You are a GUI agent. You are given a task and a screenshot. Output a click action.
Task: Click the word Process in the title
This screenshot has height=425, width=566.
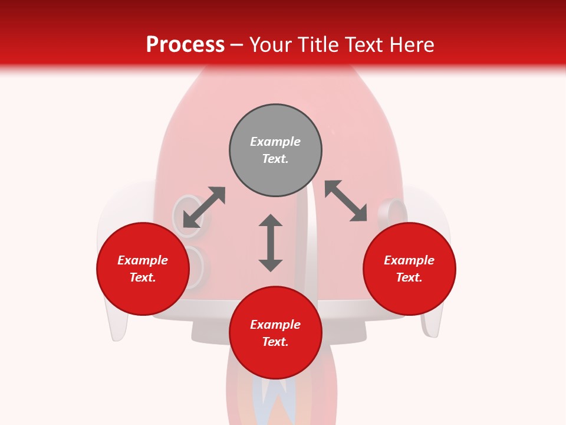[x=185, y=45]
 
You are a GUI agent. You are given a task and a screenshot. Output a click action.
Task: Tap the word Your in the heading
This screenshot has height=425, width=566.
[x=271, y=45]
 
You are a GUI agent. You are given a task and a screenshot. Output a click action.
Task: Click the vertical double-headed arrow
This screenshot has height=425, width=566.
[x=271, y=243]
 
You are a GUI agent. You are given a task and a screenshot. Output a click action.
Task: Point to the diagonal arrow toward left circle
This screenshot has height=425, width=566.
[x=204, y=207]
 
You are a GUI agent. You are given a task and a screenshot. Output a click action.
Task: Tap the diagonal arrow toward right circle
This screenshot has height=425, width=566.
[x=346, y=201]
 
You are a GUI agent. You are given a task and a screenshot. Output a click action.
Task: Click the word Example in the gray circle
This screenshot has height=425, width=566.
[x=275, y=142]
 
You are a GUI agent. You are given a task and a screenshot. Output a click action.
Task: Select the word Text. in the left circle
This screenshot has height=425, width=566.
[x=143, y=277]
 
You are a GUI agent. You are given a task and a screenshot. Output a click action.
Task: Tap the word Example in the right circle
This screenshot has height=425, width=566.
[x=409, y=260]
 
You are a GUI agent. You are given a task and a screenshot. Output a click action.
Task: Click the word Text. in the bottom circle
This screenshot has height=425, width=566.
[x=275, y=342]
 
